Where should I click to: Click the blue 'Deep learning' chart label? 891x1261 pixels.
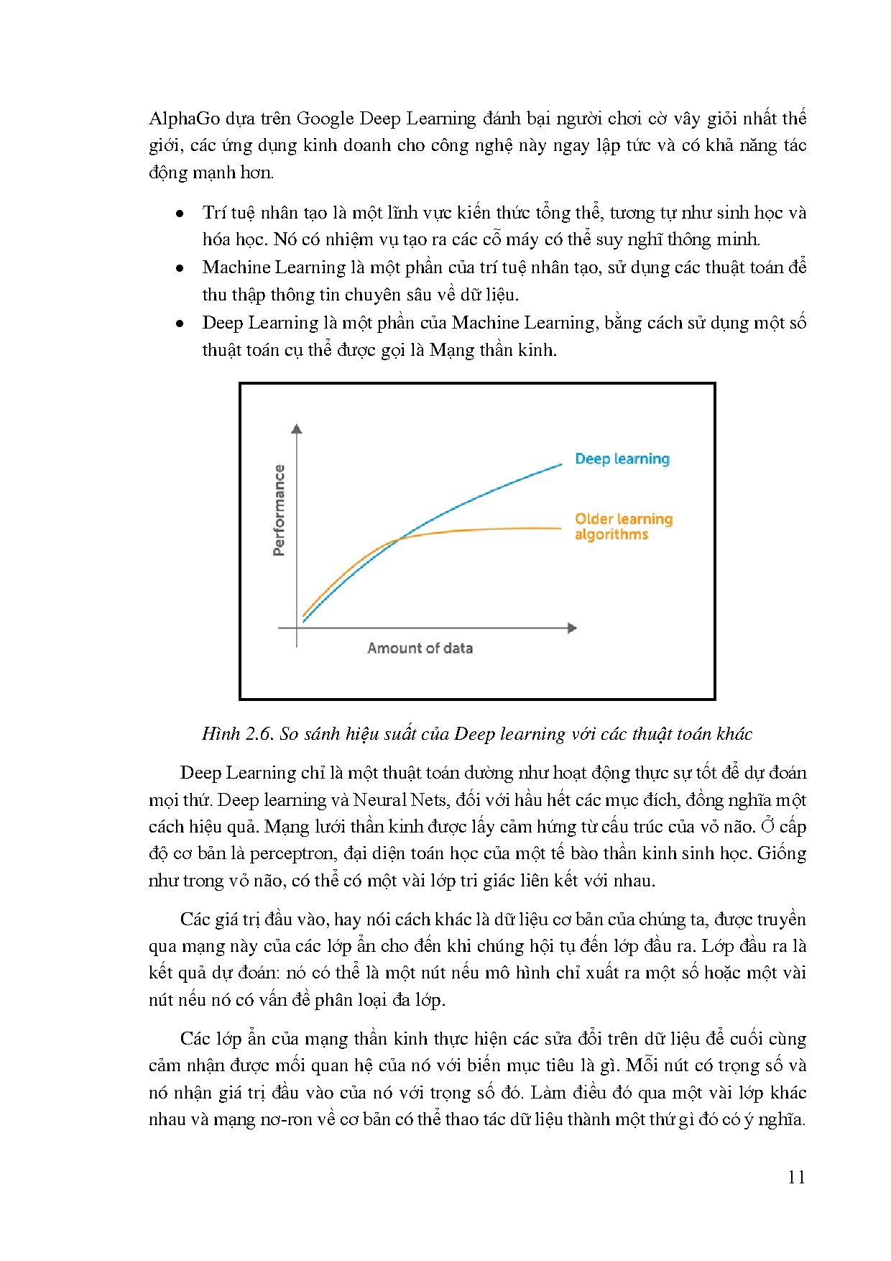coord(622,459)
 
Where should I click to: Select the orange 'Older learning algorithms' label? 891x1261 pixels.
coord(623,526)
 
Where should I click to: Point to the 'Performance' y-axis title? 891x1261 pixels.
coord(279,510)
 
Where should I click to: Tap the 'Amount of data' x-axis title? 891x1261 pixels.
coord(420,648)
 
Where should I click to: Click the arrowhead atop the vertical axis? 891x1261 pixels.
coord(297,428)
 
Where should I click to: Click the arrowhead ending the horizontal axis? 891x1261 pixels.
coord(572,628)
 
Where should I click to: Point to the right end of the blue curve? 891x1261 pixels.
coord(560,464)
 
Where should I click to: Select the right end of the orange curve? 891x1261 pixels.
coord(560,528)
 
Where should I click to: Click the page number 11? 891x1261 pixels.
coord(795,1177)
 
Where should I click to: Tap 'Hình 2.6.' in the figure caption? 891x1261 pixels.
coord(238,734)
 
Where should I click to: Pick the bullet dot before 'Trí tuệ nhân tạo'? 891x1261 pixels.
coord(180,214)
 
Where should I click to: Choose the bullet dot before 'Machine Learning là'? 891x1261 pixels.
coord(180,269)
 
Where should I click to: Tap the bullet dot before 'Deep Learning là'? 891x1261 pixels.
coord(180,324)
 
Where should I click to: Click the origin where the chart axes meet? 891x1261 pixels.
coord(297,628)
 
